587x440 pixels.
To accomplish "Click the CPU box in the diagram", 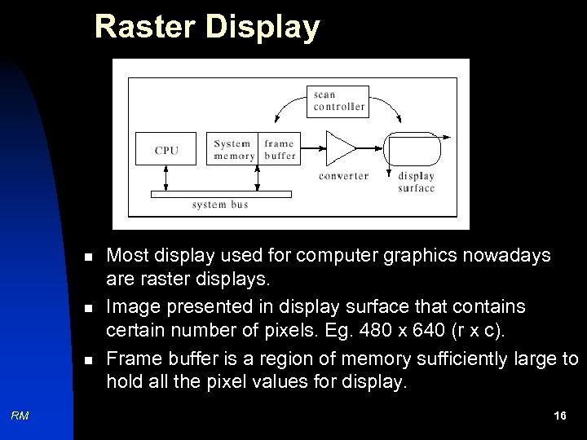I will coord(166,149).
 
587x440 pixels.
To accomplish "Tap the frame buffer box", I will coord(280,149).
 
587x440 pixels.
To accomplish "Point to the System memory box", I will coord(233,149).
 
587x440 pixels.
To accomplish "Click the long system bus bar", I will coord(220,194).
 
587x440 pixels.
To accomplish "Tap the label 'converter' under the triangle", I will coord(343,176).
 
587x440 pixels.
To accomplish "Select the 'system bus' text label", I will coord(220,205).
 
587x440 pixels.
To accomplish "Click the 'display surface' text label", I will coord(416,182).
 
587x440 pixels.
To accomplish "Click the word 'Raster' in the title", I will coord(148,27).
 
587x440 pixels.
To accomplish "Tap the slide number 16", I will coord(559,416).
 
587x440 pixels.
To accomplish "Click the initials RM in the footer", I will coord(20,416).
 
